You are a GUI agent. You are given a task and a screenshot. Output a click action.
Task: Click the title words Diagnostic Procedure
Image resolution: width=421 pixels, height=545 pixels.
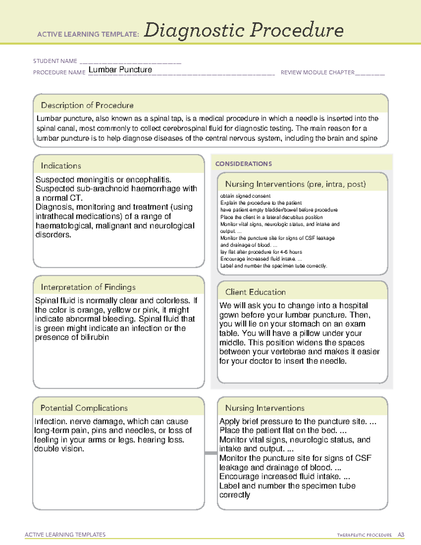243,30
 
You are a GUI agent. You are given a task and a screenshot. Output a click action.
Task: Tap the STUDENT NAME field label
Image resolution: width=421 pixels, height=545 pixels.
55,61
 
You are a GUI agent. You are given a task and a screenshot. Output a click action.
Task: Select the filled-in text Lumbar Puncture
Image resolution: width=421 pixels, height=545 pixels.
120,70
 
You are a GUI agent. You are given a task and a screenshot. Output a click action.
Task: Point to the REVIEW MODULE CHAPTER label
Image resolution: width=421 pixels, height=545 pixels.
318,73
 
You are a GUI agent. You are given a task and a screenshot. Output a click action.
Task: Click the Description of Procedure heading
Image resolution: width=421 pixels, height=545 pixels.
87,105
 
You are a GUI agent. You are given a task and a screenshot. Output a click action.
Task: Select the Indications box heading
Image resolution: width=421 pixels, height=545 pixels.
61,166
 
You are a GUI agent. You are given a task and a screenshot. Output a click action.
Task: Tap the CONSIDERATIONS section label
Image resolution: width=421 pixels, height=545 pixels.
243,164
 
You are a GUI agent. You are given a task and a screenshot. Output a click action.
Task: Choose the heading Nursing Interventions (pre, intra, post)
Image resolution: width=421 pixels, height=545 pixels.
295,184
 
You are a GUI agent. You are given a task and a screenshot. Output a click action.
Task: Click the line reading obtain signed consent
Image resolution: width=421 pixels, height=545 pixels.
245,196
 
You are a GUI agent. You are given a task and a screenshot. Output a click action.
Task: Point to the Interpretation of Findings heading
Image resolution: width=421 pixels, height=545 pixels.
88,287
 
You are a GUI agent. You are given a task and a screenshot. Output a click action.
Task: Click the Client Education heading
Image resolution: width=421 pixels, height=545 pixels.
255,292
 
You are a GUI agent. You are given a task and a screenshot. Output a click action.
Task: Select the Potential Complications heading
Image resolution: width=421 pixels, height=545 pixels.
84,408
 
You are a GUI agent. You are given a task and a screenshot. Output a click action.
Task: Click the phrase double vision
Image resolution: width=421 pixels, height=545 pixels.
59,449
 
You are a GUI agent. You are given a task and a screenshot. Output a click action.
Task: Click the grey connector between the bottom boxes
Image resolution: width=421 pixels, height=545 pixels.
211,453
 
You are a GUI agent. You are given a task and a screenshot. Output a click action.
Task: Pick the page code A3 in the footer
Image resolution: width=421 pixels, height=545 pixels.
401,535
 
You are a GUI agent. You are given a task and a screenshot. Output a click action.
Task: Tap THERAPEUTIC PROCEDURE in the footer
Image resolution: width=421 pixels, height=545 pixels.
364,535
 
